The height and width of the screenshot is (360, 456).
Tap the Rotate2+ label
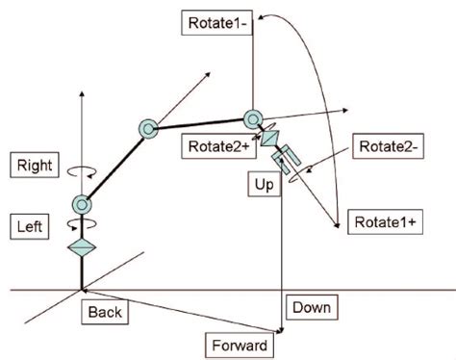[215, 144]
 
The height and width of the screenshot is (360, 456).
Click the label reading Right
[36, 165]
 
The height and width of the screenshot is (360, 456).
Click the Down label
[311, 308]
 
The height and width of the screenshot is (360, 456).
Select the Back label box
[105, 311]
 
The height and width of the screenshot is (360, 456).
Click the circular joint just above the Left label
[82, 204]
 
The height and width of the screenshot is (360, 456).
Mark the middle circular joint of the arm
[147, 127]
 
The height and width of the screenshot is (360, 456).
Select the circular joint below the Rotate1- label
[253, 118]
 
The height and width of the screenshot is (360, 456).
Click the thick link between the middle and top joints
[200, 123]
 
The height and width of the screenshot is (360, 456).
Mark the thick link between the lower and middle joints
[114, 166]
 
